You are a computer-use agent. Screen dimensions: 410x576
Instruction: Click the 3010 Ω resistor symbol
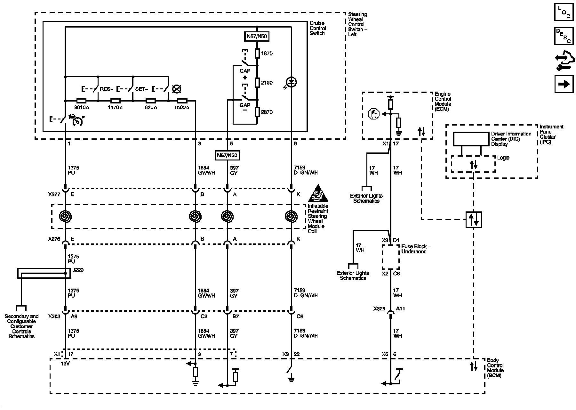(81, 100)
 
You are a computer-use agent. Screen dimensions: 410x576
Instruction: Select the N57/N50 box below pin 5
(227, 156)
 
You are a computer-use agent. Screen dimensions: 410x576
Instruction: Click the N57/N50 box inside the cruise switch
(257, 37)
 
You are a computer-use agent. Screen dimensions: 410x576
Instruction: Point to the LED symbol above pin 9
(291, 82)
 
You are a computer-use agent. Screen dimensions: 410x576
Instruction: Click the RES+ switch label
(106, 89)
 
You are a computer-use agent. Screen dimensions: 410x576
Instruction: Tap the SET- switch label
(141, 89)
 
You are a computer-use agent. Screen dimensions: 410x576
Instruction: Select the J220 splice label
(78, 270)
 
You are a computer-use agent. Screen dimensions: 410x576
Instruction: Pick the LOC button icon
(564, 12)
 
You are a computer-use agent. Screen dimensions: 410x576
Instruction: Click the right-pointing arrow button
(564, 84)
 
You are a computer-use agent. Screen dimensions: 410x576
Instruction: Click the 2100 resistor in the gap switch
(257, 83)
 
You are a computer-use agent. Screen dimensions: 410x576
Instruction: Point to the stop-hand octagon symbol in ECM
(374, 114)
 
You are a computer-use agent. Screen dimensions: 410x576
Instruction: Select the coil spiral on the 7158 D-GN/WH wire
(291, 217)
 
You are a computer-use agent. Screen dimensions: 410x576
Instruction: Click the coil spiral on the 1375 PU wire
(65, 217)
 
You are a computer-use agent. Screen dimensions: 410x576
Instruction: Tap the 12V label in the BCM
(65, 364)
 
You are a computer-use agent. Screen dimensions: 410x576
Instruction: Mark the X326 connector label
(379, 309)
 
